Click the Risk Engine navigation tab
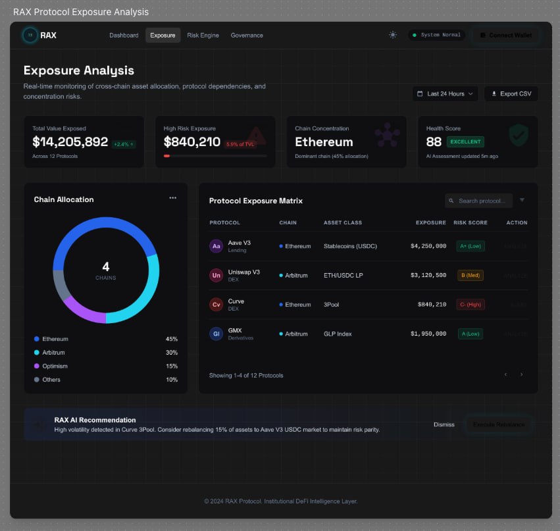tap(203, 36)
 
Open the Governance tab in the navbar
tap(247, 36)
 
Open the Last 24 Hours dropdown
tap(445, 94)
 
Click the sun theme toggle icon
tap(393, 35)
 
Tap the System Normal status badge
tap(437, 35)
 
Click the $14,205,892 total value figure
tap(70, 142)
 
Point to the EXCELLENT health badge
tap(465, 141)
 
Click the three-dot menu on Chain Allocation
tap(172, 198)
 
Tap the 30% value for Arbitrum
tap(171, 353)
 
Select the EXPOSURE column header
tap(430, 222)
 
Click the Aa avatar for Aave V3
tap(216, 246)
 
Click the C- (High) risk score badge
tap(470, 305)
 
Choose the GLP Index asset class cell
tap(338, 334)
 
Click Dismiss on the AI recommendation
tap(444, 424)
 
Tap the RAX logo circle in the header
tap(30, 36)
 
